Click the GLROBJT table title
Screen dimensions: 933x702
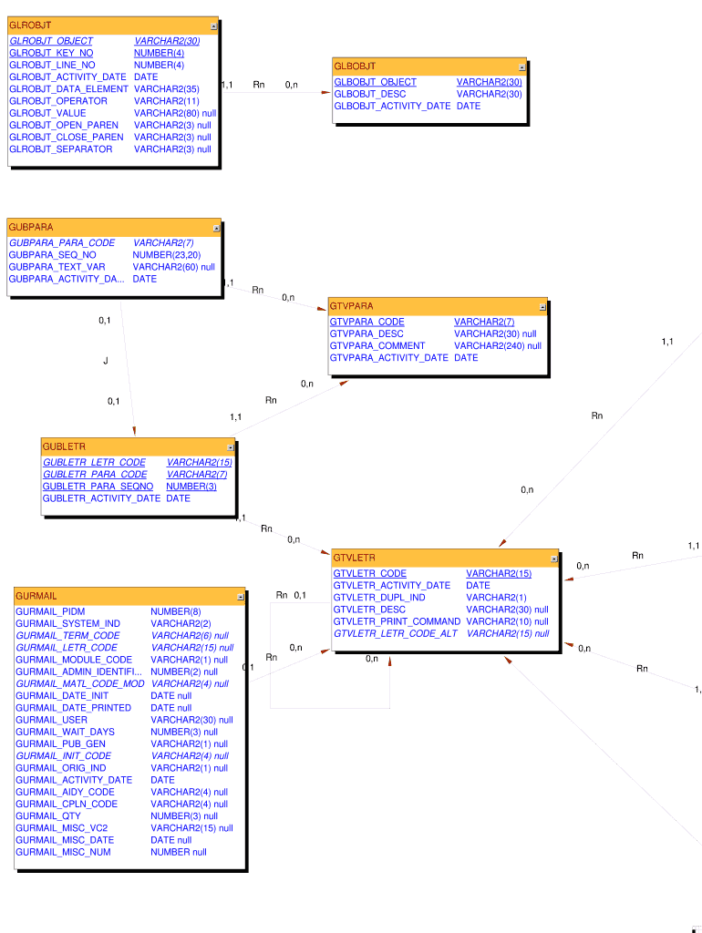[x=30, y=26]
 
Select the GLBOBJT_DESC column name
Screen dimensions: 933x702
[x=369, y=94]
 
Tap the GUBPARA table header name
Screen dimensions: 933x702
[x=31, y=227]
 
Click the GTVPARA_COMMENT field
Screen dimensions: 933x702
[x=377, y=346]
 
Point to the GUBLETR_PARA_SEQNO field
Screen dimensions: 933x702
[x=98, y=487]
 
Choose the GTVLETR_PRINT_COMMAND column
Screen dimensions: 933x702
[x=397, y=621]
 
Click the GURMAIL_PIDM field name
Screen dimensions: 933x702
[x=50, y=611]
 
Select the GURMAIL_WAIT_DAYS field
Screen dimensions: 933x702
[x=65, y=732]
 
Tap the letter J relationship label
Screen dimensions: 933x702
[x=106, y=361]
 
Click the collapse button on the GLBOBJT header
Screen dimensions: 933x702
[x=522, y=67]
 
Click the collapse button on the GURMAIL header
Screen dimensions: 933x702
[x=241, y=597]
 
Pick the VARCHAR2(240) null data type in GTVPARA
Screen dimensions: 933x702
[x=497, y=346]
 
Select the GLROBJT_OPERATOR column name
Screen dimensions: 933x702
[x=57, y=101]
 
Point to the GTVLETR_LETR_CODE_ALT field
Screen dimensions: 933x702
[x=395, y=633]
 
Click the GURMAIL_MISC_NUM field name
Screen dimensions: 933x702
[x=63, y=852]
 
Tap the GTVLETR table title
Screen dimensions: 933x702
[x=354, y=558]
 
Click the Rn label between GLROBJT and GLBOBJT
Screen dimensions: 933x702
[x=259, y=85]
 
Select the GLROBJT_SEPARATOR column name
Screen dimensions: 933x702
[x=60, y=149]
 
